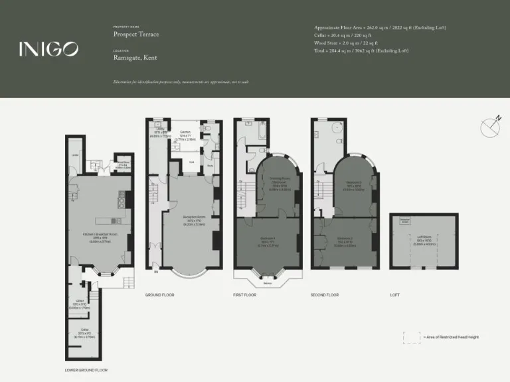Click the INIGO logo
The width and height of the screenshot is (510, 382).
click(48, 48)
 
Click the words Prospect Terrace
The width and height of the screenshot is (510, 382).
click(136, 34)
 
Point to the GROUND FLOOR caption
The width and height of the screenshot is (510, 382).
click(159, 294)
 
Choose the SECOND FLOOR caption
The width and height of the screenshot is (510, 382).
click(325, 294)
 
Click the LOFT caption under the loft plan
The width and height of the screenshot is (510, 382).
click(395, 294)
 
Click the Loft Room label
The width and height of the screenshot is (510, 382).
click(423, 240)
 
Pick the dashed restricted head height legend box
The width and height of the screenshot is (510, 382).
click(412, 336)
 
